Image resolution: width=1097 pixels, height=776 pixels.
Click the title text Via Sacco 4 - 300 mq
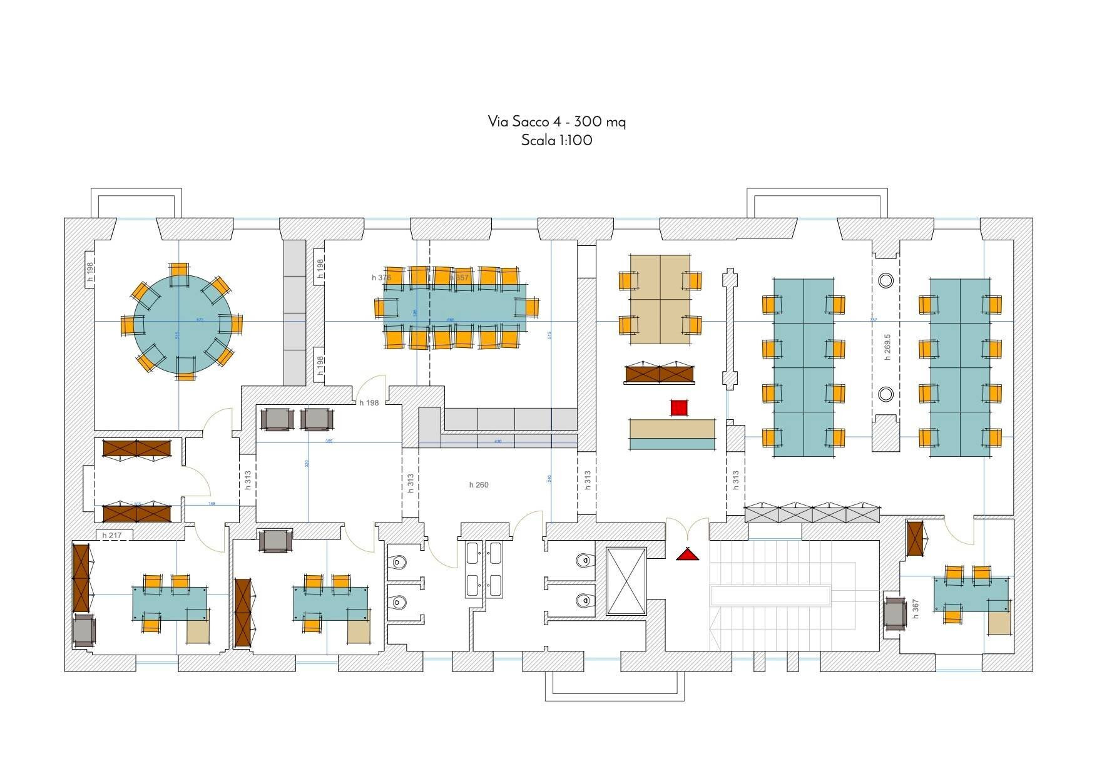(x=556, y=121)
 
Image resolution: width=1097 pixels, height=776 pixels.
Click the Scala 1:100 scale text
(x=556, y=140)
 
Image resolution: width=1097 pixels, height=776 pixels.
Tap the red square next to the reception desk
(x=679, y=408)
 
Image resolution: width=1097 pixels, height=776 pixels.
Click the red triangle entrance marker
(x=687, y=554)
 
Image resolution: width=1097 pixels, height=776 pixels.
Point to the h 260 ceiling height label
(x=479, y=485)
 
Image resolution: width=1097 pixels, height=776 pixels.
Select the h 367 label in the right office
(x=916, y=608)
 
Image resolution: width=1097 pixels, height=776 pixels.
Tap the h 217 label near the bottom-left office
(x=112, y=536)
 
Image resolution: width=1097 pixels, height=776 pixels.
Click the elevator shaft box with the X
(x=626, y=581)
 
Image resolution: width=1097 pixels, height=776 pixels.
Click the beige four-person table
(x=660, y=299)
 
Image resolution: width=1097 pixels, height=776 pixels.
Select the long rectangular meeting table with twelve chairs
(x=455, y=307)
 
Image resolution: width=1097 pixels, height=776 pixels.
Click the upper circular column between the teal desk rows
(x=885, y=280)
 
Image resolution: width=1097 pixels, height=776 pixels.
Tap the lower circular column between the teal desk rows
(x=885, y=394)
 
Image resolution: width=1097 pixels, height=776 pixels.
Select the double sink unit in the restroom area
(x=484, y=569)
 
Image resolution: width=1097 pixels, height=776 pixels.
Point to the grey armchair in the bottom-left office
(x=84, y=631)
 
